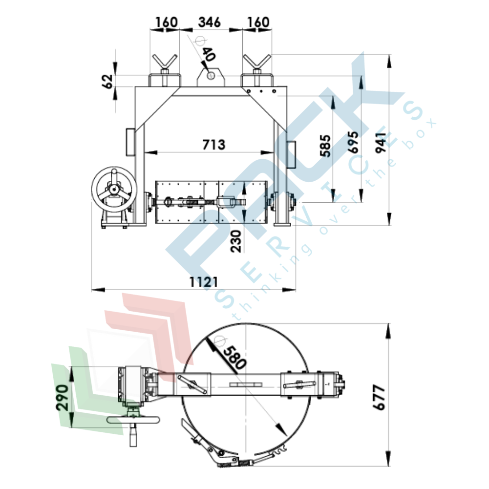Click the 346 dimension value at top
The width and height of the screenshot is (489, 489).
click(209, 22)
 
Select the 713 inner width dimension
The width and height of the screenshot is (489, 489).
click(213, 145)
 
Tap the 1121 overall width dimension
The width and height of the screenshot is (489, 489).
click(204, 282)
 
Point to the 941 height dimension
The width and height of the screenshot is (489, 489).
click(381, 142)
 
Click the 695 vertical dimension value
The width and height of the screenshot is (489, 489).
click(353, 142)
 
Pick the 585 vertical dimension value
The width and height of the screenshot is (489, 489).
click(325, 146)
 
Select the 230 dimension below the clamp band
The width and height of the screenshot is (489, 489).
click(236, 241)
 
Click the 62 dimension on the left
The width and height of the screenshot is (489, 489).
click(108, 82)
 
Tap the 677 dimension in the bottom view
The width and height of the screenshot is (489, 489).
click(379, 397)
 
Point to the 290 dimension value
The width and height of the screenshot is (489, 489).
click(62, 398)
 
